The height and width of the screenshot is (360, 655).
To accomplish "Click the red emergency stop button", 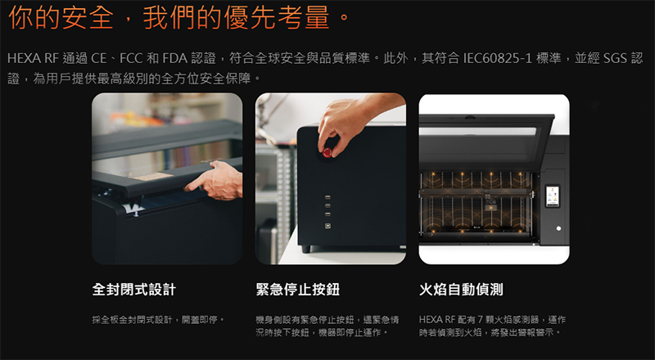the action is pyautogui.click(x=327, y=153).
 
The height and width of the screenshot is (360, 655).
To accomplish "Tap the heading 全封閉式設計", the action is pyautogui.click(x=134, y=290).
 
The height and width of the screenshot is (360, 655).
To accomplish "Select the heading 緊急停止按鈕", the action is pyautogui.click(x=298, y=290).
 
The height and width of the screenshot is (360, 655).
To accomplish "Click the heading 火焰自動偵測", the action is pyautogui.click(x=461, y=290).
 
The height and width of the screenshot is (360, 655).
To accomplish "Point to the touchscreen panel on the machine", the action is pyautogui.click(x=552, y=196).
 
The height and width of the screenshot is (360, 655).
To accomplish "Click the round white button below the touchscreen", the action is pyautogui.click(x=558, y=228).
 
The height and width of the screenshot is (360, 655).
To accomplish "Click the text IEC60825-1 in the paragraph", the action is pyautogui.click(x=497, y=58).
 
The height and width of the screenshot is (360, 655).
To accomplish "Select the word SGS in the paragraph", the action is pyautogui.click(x=615, y=58).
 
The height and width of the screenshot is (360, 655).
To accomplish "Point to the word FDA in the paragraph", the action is pyautogui.click(x=174, y=58).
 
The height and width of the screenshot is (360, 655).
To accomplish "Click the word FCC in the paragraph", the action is pyautogui.click(x=131, y=58).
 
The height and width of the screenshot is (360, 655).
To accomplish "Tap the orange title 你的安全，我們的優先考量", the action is pyautogui.click(x=178, y=17).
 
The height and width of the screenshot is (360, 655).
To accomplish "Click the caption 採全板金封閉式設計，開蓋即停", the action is pyautogui.click(x=158, y=320).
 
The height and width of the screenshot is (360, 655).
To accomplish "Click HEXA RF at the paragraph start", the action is pyautogui.click(x=33, y=58).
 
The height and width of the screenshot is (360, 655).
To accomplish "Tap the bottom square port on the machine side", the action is pyautogui.click(x=327, y=226).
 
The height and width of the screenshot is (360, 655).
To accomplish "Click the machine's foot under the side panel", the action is pyautogui.click(x=306, y=249).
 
